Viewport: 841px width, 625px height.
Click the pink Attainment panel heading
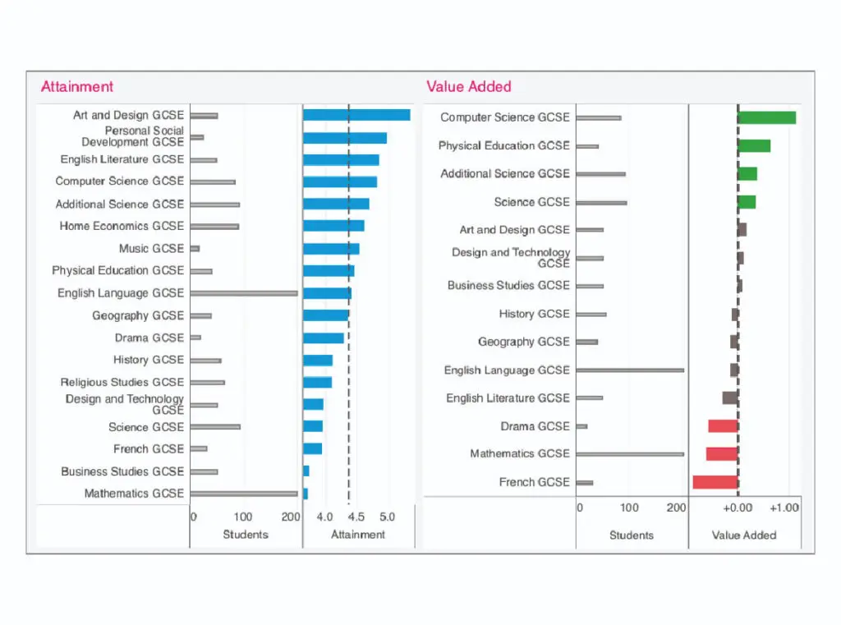click(x=77, y=86)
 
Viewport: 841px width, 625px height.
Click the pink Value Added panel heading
click(x=468, y=86)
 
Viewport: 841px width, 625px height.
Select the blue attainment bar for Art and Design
click(x=356, y=115)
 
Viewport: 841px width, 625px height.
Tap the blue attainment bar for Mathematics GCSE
click(x=306, y=494)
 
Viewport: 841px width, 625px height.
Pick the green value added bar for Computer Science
click(x=767, y=117)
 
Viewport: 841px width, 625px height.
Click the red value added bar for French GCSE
click(x=715, y=482)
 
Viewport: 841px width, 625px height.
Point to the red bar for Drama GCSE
click(x=723, y=426)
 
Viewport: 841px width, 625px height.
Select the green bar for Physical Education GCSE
click(x=754, y=145)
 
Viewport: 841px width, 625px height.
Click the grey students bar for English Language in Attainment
click(x=244, y=293)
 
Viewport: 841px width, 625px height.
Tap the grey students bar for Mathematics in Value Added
click(x=630, y=453)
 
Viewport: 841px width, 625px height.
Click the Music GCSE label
click(x=151, y=248)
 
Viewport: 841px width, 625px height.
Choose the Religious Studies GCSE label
click(x=122, y=382)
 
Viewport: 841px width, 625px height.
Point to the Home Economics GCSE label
click(x=122, y=226)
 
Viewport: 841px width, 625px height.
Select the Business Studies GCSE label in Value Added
click(x=508, y=285)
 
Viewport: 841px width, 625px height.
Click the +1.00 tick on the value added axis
click(x=784, y=508)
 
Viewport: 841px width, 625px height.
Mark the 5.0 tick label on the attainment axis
click(x=387, y=517)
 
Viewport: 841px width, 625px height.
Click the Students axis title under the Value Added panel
click(x=632, y=535)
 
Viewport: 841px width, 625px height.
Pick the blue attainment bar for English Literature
click(x=341, y=159)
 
